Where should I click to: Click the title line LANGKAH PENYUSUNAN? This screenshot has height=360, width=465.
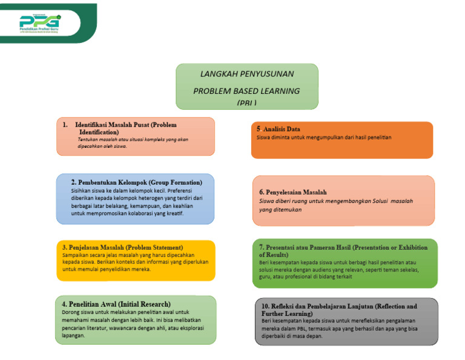point(247,74)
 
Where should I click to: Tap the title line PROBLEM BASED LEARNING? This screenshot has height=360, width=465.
point(246,91)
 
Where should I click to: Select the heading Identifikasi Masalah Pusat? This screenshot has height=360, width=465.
point(125,128)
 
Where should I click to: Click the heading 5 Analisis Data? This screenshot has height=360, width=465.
point(278,129)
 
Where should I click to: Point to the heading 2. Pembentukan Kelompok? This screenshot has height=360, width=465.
point(136,182)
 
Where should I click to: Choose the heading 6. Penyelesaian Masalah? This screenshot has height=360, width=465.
point(293,192)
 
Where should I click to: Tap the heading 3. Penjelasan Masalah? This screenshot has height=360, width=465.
point(122,247)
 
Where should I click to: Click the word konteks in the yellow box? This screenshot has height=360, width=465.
point(128,262)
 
